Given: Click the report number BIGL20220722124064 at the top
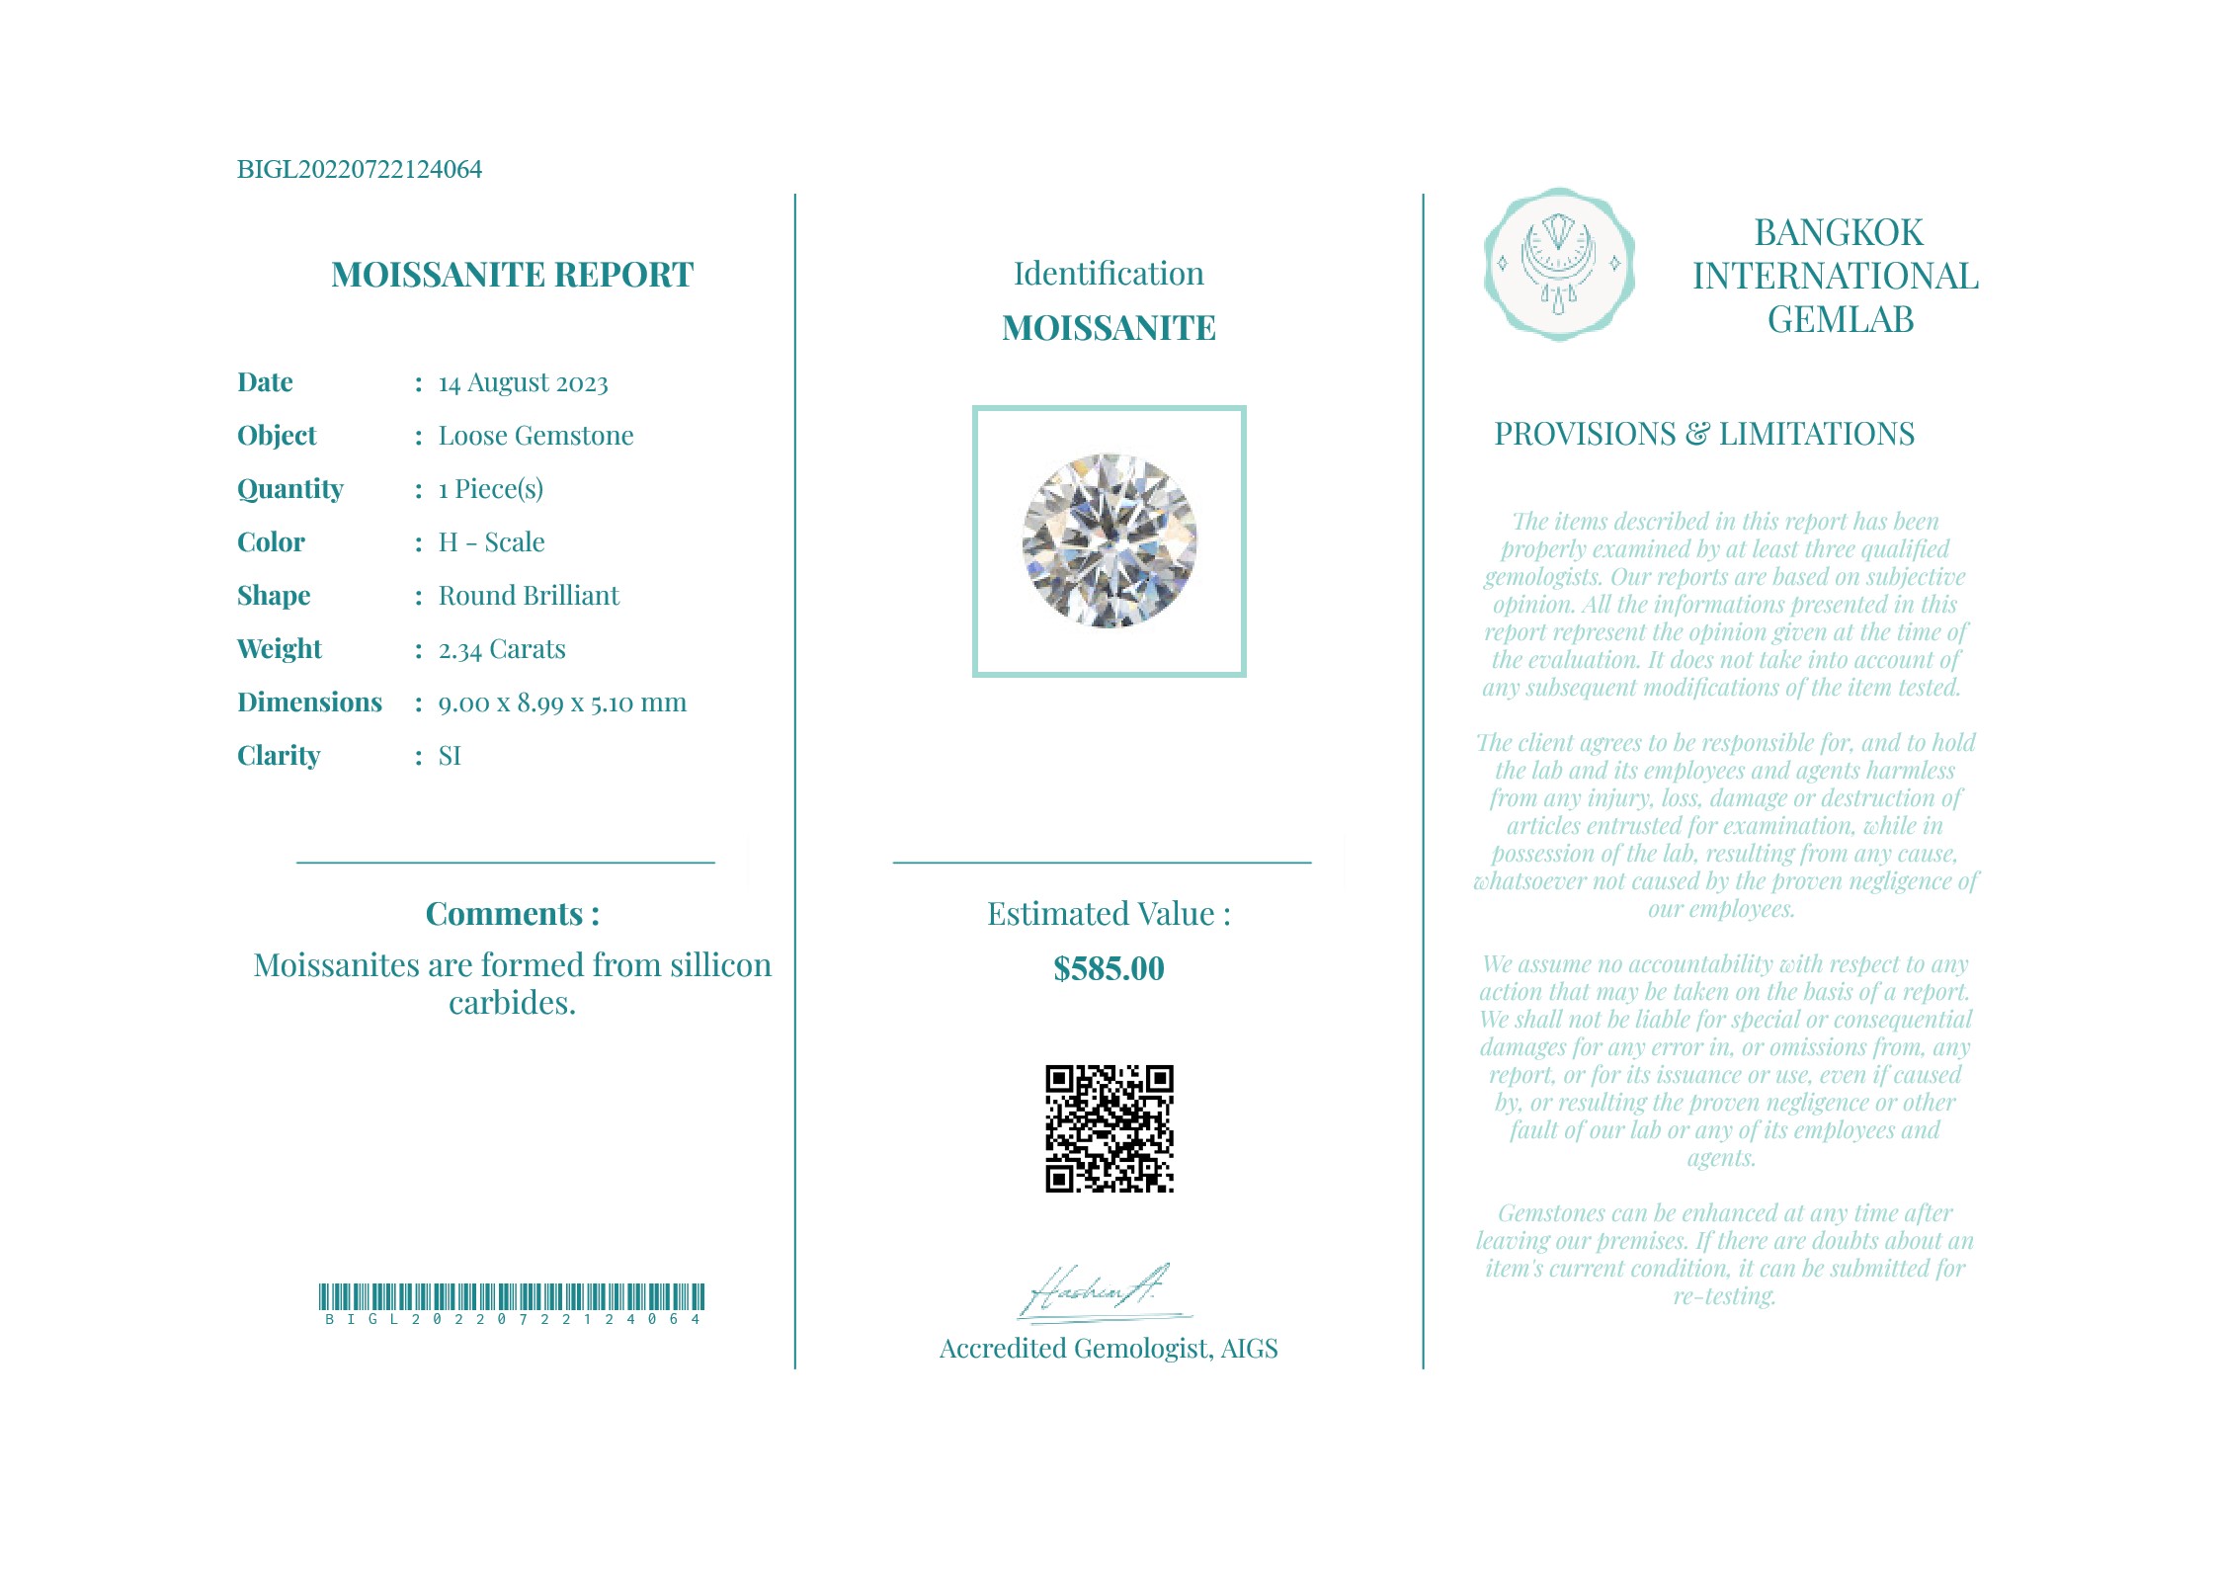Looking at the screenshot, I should pos(359,169).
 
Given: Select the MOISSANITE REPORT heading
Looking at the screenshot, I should pos(512,275).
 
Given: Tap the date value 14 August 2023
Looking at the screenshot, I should pos(523,382).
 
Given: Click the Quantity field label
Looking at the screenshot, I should pos(289,489).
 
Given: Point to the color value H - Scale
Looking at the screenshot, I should pos(491,542).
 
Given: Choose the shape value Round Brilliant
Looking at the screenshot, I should pos(529,596).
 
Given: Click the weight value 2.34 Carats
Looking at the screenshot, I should pos(502,649).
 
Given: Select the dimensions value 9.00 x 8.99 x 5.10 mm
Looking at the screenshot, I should pos(561,702).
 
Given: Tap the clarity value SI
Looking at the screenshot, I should pos(450,756).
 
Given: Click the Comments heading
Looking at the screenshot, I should pos(512,914).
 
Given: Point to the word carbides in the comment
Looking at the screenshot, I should pos(511,1003).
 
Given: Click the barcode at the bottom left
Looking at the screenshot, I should pos(511,1297).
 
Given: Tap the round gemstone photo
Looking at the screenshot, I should pos(1109,540).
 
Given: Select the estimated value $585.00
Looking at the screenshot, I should pos(1109,968).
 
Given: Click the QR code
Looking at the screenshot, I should pos(1109,1128).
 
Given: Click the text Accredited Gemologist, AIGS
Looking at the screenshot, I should pos(1108,1349).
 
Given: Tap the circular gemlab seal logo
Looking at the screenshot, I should pos(1558,264).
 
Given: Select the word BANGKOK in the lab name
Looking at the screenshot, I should pos(1838,233).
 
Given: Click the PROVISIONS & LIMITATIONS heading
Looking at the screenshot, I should pos(1703,434).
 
